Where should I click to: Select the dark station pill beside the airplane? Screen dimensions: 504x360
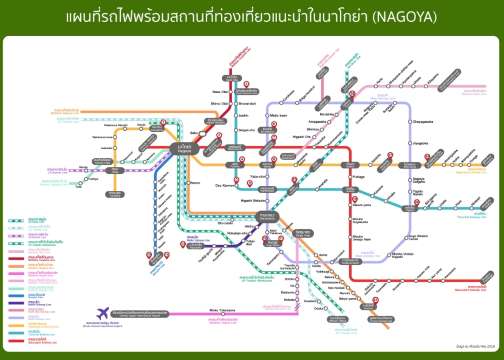pos(146,315)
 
